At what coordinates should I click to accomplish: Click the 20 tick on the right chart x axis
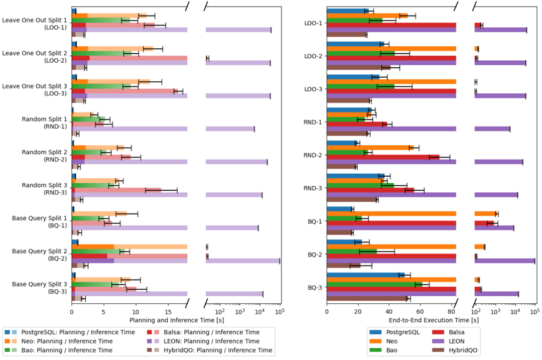click(x=358, y=311)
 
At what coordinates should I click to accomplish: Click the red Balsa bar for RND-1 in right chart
click(x=357, y=124)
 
